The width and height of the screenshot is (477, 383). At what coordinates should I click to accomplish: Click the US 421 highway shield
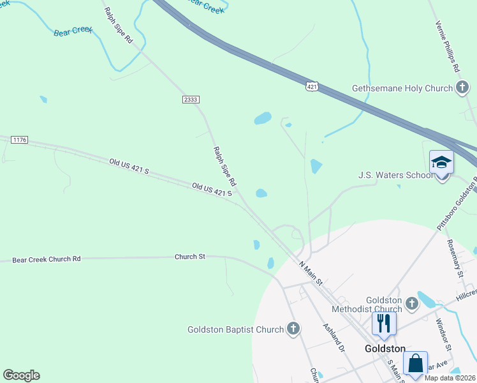pos(311,86)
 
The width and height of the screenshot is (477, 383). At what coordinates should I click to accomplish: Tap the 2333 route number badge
pos(191,100)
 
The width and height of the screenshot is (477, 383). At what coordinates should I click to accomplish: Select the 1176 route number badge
pos(19,139)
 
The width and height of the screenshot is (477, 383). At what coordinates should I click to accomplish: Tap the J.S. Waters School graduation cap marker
pos(441,163)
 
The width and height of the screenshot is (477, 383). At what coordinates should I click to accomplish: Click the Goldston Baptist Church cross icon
pos(293,329)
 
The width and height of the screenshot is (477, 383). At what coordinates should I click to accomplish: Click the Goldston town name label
pos(385,349)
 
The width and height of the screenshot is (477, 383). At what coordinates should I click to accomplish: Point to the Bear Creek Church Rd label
pos(47,259)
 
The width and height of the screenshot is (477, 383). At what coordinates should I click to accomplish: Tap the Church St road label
pos(190,257)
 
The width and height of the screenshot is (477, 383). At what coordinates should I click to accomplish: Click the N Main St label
pos(311,273)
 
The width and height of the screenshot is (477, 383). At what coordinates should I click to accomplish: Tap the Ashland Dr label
pos(334,336)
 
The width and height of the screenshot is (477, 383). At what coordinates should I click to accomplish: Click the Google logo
pos(21,375)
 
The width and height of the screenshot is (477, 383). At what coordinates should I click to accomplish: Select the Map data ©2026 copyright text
pos(450,378)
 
